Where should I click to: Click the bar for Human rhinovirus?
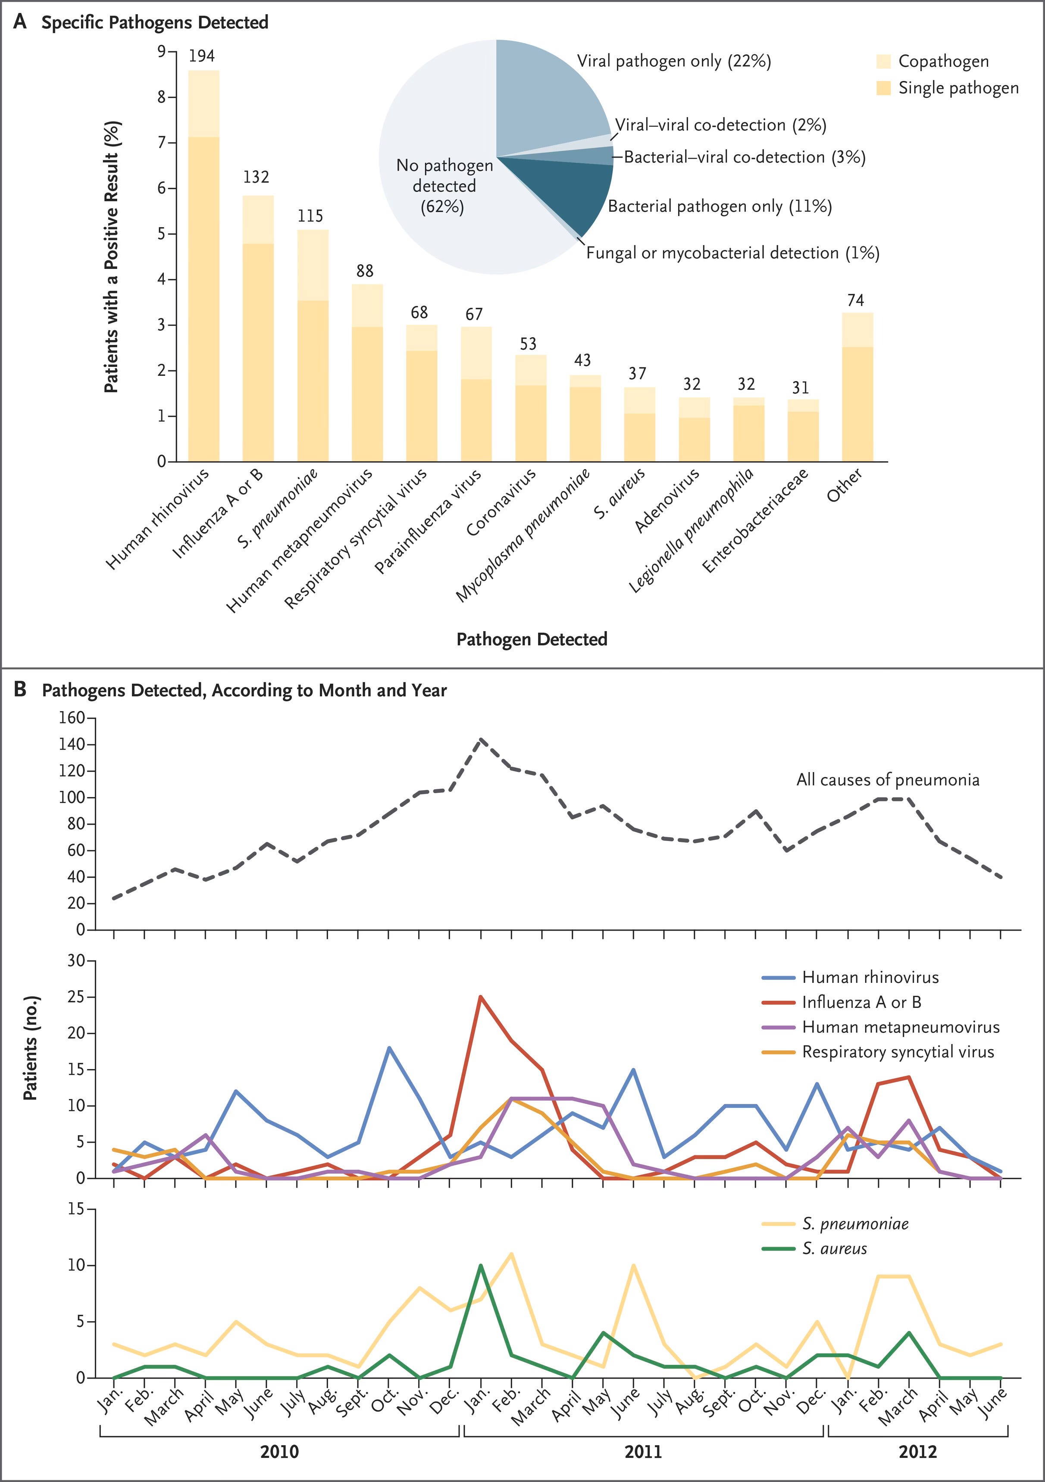coord(203,271)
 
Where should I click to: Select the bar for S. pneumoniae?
coord(313,349)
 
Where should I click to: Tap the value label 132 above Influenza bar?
coord(256,177)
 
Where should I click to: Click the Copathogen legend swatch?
coord(884,61)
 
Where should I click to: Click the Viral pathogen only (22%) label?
coord(673,61)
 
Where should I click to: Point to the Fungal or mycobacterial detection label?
coord(732,253)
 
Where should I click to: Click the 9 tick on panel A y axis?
coord(161,52)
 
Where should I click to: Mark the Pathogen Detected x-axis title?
coord(532,639)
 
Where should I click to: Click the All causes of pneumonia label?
coord(888,780)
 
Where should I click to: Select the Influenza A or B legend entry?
coord(861,1002)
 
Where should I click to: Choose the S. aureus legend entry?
coord(834,1248)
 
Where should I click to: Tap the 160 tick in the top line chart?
coord(72,719)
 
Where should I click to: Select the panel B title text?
coord(244,691)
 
